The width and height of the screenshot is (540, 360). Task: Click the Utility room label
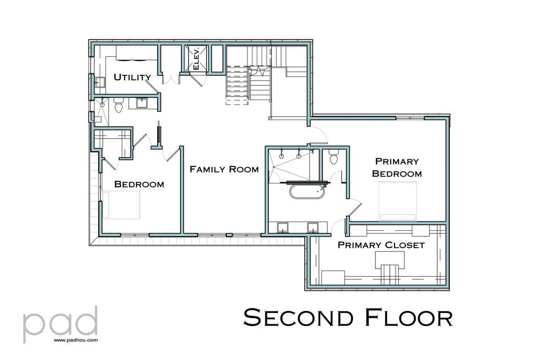point(132,77)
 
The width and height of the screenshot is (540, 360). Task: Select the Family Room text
point(224,169)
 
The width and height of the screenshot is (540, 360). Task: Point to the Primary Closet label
point(381,245)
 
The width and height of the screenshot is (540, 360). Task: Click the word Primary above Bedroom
point(397,161)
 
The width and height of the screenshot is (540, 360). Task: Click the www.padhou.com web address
point(75,340)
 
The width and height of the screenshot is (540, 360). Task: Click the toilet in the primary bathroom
point(333,157)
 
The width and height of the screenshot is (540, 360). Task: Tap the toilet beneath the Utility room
point(119,106)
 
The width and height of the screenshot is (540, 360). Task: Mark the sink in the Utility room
point(99,82)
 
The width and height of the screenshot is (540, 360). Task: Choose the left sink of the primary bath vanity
point(283,227)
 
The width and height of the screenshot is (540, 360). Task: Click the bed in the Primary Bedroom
point(398,201)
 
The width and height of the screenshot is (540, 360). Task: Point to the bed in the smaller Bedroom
point(122,205)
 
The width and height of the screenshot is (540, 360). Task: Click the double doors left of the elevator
point(170,80)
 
